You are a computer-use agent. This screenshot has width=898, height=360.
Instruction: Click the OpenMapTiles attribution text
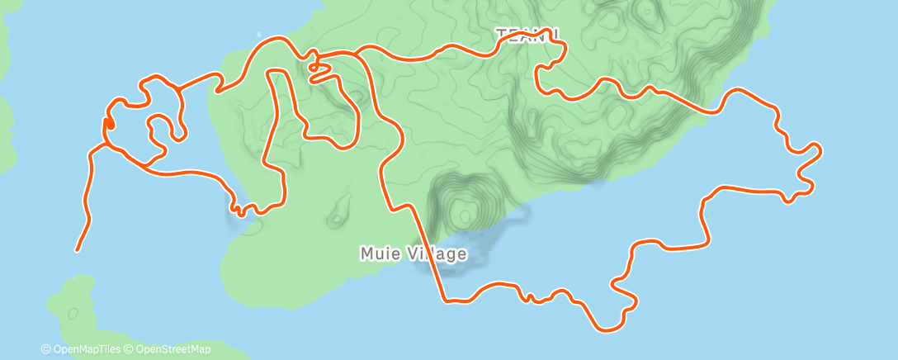coord(87,349)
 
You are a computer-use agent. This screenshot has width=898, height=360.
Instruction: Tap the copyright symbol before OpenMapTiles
coord(45,349)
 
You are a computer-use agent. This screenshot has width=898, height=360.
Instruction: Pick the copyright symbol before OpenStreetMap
coord(128,349)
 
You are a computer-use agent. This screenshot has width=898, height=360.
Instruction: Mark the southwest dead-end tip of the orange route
coord(78,249)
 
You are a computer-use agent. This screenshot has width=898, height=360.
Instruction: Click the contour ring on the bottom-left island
coord(73,313)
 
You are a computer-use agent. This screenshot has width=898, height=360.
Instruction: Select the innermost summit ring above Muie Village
coord(466,216)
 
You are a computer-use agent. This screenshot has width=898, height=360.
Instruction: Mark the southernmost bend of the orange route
coord(607,330)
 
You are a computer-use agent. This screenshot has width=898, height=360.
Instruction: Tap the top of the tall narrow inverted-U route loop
coord(277,72)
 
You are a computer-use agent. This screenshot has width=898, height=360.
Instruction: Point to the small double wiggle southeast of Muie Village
coord(528,295)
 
